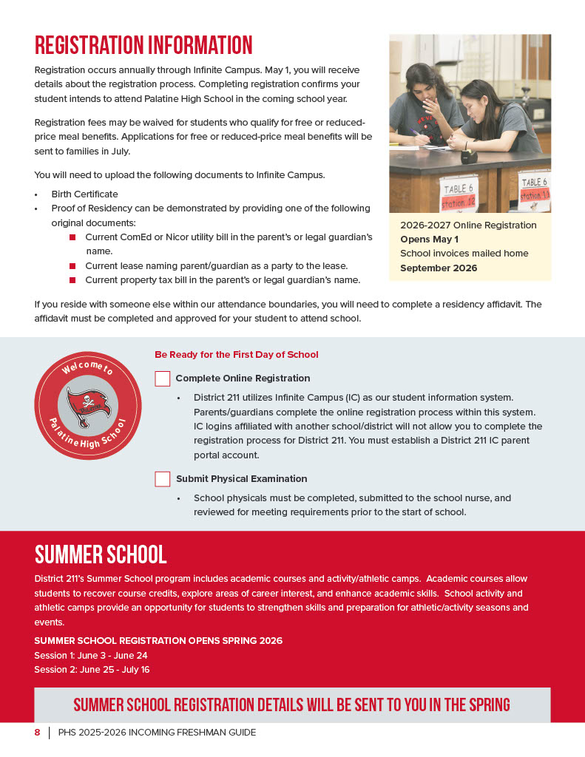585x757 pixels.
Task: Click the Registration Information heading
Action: [143, 45]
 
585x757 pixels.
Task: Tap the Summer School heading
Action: [101, 554]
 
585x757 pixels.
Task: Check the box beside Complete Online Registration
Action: [163, 378]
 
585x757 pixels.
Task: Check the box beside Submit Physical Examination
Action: [163, 479]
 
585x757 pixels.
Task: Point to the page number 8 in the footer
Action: [37, 733]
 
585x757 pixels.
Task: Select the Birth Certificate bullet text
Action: [84, 194]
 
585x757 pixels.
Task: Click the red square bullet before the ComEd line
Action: [72, 237]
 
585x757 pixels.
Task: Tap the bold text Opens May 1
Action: [429, 240]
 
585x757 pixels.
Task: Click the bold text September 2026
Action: [439, 268]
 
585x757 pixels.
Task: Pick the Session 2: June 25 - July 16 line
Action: [92, 670]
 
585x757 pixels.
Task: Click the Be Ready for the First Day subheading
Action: [237, 355]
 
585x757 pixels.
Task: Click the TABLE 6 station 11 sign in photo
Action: [533, 189]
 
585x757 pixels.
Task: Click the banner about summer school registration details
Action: [292, 705]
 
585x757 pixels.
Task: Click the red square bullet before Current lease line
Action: [72, 265]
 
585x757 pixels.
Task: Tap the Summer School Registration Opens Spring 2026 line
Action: [158, 641]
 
